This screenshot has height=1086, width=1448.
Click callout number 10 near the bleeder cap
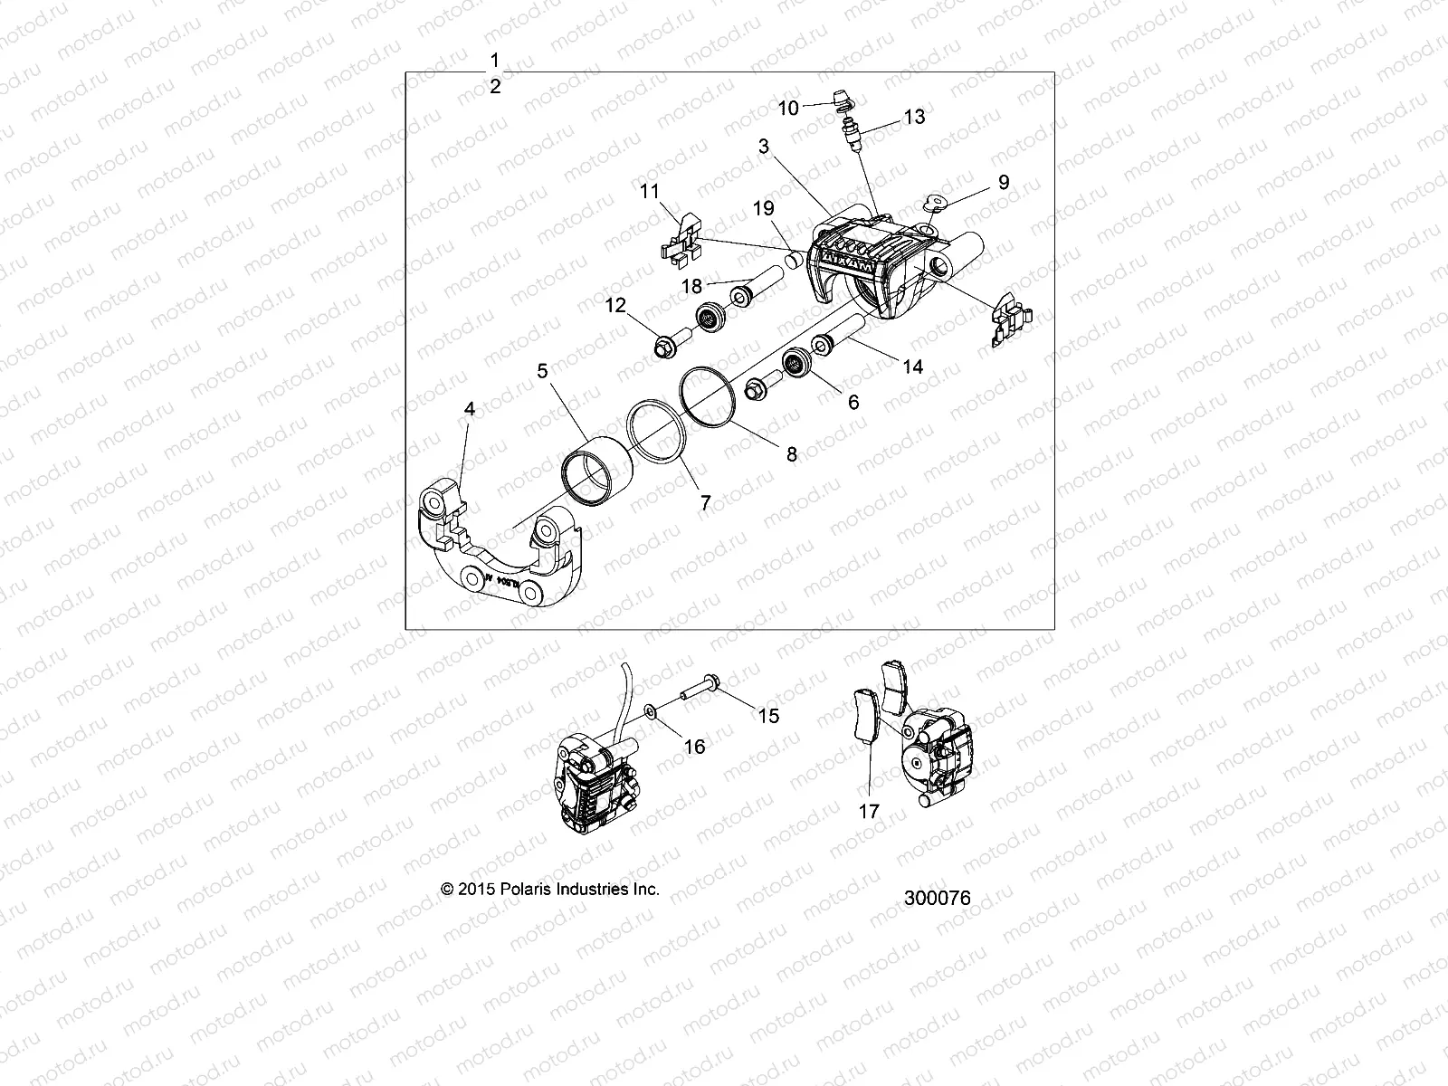pyautogui.click(x=788, y=109)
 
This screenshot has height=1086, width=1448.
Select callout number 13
pyautogui.click(x=914, y=118)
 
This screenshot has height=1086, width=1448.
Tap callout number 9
pyautogui.click(x=1003, y=182)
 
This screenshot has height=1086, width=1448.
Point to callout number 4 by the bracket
pyautogui.click(x=469, y=409)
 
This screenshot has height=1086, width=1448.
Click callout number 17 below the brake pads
pyautogui.click(x=869, y=812)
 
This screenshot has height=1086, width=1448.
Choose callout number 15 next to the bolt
pyautogui.click(x=768, y=717)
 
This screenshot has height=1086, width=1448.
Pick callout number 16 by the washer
pyautogui.click(x=694, y=747)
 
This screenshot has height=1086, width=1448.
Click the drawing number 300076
pyautogui.click(x=937, y=898)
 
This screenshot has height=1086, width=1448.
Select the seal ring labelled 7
pyautogui.click(x=660, y=435)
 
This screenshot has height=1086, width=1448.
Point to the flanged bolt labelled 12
pyautogui.click(x=671, y=346)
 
